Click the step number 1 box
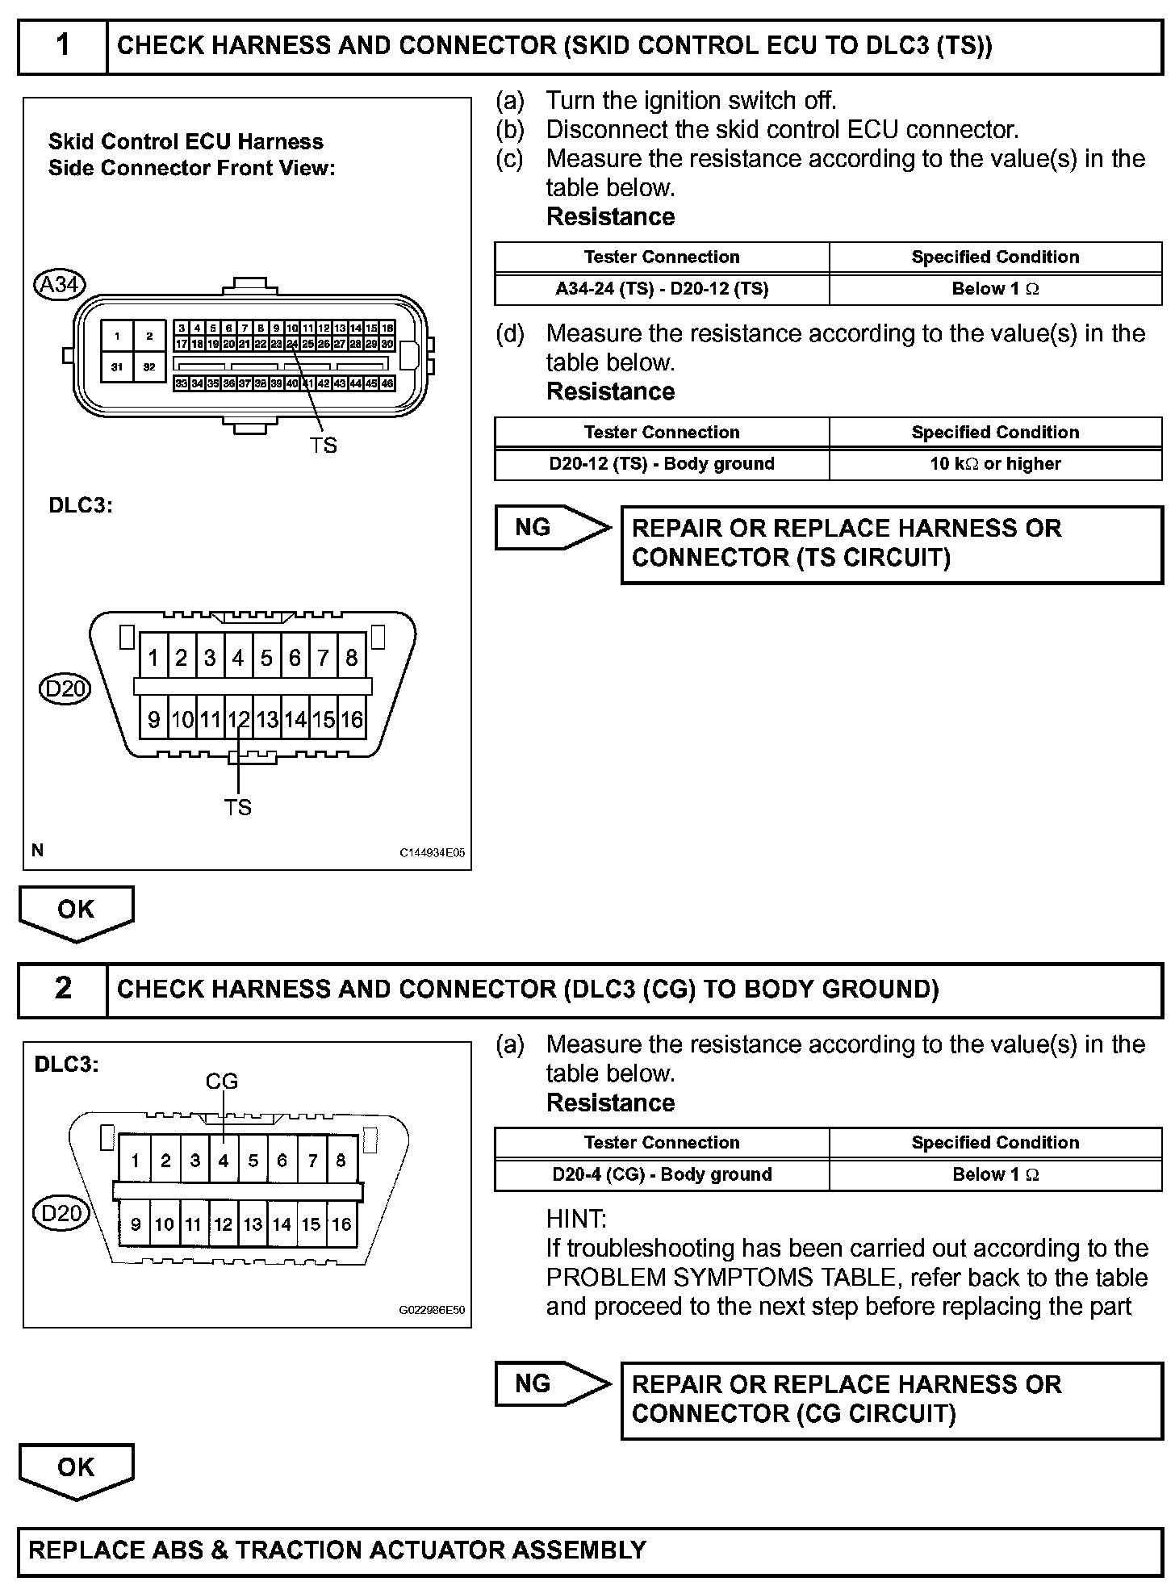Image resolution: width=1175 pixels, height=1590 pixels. (63, 46)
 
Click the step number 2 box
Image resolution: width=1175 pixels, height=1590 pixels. (63, 989)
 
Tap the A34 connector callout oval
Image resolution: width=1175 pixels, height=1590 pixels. (60, 284)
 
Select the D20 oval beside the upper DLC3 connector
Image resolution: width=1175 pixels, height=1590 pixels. (65, 688)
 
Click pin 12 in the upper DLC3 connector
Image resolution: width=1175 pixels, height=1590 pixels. (238, 719)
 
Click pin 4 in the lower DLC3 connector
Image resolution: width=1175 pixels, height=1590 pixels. (224, 1161)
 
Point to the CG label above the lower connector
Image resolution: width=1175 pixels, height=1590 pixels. (222, 1082)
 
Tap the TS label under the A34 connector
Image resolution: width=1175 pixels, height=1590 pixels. (323, 445)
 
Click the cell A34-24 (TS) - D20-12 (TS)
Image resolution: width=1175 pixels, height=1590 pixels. (662, 289)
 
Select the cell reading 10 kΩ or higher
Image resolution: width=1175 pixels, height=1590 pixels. (995, 464)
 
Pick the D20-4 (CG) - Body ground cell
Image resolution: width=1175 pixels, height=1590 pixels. (662, 1174)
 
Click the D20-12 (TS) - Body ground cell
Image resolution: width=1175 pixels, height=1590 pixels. (662, 464)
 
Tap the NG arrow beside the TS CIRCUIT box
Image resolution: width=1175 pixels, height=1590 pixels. (550, 528)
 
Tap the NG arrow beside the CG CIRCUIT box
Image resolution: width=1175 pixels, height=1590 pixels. (550, 1384)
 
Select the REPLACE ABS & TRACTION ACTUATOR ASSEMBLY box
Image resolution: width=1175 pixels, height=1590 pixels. (589, 1550)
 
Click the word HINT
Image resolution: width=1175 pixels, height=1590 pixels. (576, 1219)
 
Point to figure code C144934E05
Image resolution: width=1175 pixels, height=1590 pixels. (432, 852)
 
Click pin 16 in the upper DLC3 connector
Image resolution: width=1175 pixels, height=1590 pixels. (352, 719)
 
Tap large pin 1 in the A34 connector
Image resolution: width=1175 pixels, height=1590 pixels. (118, 337)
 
